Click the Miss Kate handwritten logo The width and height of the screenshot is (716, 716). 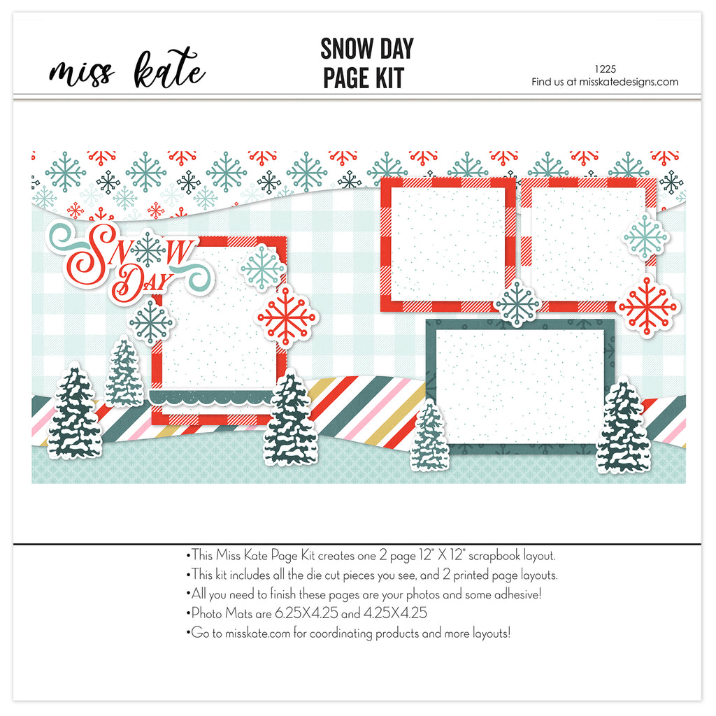tap(127, 69)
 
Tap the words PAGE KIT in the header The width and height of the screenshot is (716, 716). tap(364, 78)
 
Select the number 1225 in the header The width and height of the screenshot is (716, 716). tap(605, 69)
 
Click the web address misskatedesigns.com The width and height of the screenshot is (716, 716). tap(629, 83)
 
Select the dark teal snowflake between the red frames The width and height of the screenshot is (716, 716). tap(517, 303)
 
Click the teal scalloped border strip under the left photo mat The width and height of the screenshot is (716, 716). tap(211, 398)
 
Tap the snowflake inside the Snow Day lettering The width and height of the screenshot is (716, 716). tap(148, 250)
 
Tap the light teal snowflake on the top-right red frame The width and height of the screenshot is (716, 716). tap(645, 238)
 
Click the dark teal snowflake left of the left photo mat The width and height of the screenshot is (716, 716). tap(151, 322)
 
